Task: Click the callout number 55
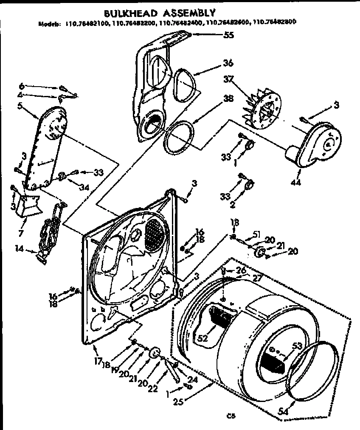(229, 36)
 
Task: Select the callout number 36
(228, 64)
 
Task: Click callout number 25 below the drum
(178, 400)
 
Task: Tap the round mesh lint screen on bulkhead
(154, 234)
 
